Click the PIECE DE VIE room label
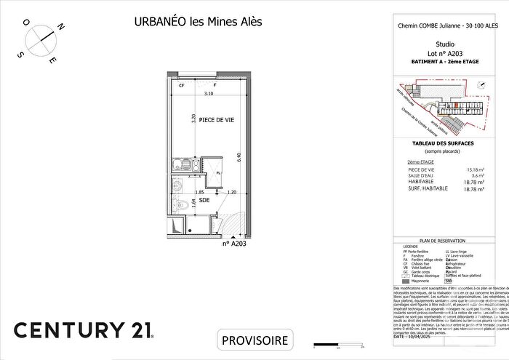[x=216, y=121]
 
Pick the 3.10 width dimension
[x=209, y=94]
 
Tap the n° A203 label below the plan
[x=236, y=244]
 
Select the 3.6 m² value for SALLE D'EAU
[x=476, y=175]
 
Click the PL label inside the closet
[x=217, y=172]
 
